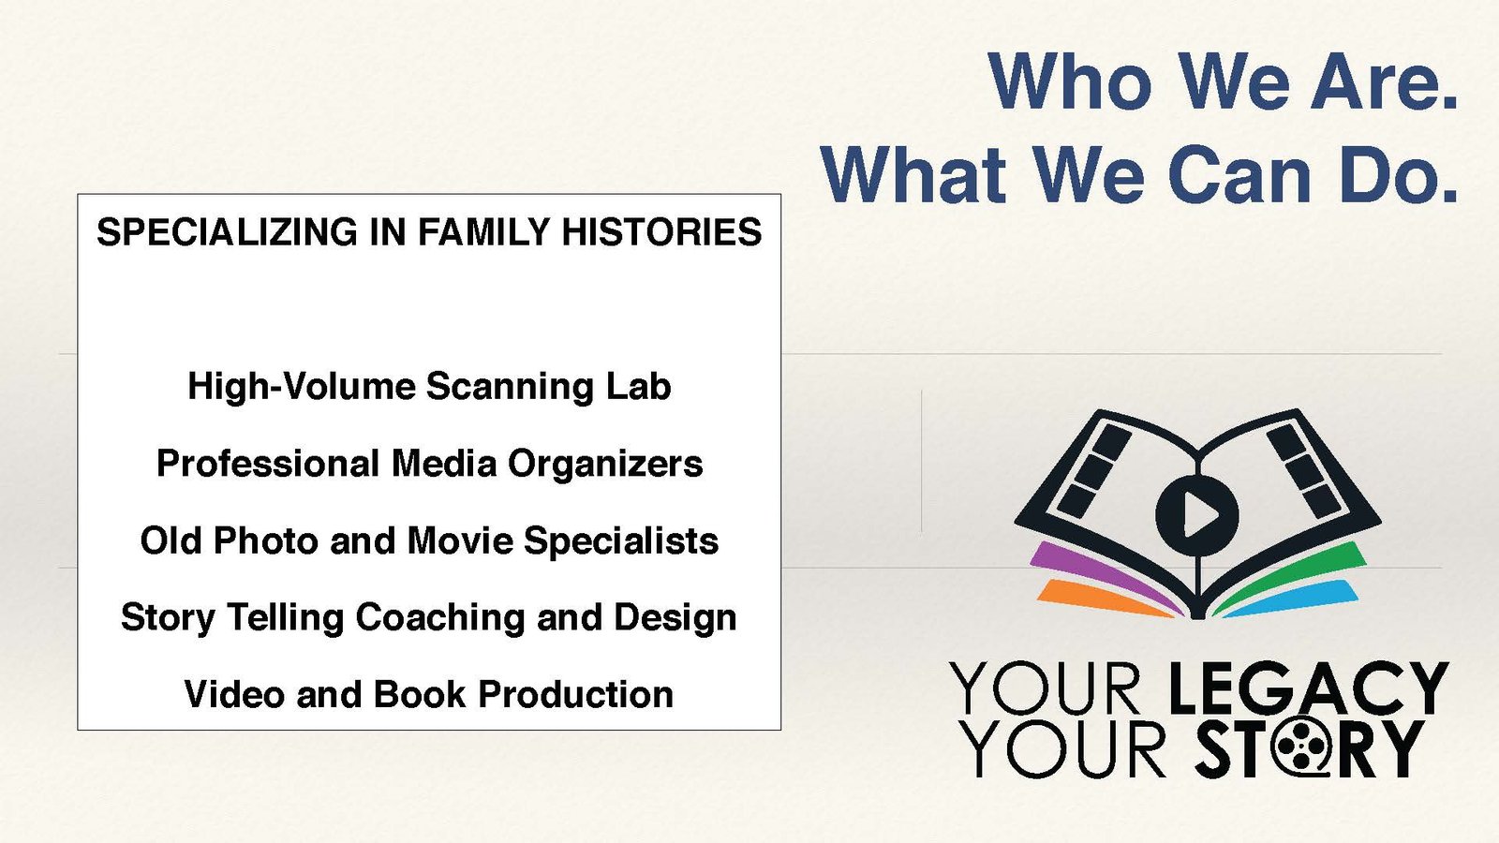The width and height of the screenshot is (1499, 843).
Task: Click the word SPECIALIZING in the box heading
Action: pyautogui.click(x=228, y=232)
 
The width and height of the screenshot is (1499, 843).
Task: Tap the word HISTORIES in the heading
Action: pyautogui.click(x=661, y=232)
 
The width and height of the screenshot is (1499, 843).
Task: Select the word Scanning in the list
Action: pyautogui.click(x=510, y=388)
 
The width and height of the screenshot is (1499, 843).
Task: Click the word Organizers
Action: pyautogui.click(x=605, y=465)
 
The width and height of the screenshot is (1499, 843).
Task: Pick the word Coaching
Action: pyautogui.click(x=439, y=618)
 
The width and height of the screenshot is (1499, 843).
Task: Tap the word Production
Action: pyautogui.click(x=575, y=694)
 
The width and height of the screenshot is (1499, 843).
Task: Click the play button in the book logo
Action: pyautogui.click(x=1197, y=514)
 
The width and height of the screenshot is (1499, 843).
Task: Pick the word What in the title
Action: pyautogui.click(x=913, y=174)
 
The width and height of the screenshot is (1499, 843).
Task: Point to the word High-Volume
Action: pyautogui.click(x=301, y=386)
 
